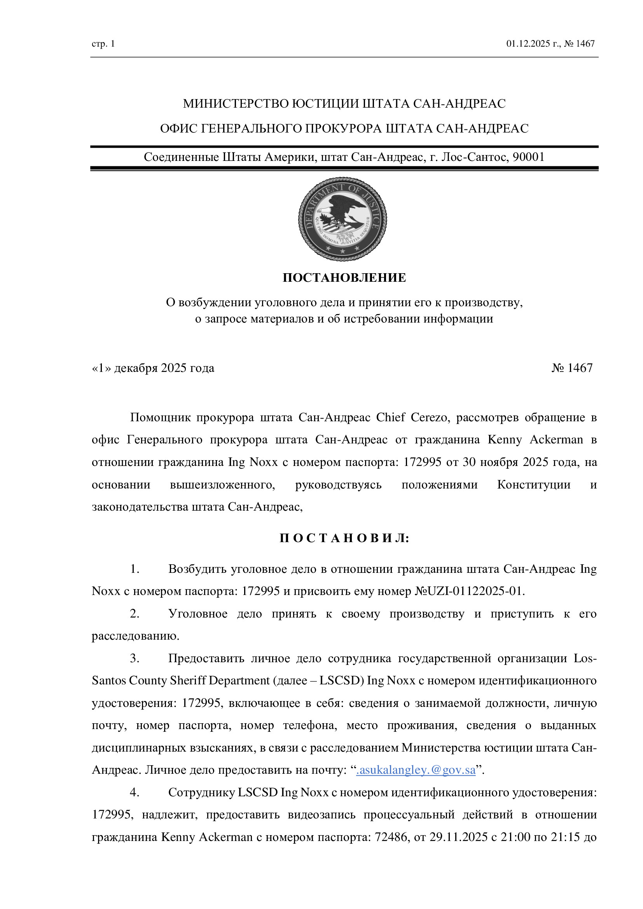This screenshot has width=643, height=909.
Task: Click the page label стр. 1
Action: coord(103,44)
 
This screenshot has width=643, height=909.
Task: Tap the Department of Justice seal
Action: coord(342,219)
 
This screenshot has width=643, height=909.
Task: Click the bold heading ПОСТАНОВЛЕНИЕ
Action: coord(344,277)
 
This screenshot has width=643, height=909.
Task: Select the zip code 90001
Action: coord(529,157)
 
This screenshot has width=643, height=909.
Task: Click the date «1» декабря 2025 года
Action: coord(153,368)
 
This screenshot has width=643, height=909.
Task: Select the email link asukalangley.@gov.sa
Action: coord(416,770)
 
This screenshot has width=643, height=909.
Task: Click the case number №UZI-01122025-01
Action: coord(469,591)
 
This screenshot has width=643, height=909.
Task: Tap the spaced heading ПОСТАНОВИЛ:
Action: coord(344,538)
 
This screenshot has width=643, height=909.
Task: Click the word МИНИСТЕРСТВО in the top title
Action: coord(236,104)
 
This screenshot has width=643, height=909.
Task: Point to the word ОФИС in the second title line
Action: coord(179,129)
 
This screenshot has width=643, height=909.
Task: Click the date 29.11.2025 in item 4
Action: coord(458,837)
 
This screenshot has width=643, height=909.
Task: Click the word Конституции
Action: coord(534,485)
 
